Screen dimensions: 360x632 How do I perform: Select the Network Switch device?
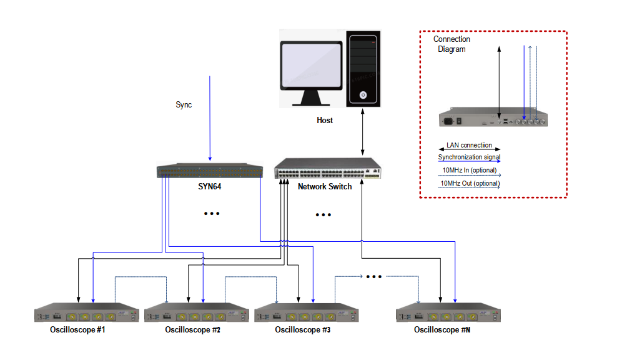(x=328, y=169)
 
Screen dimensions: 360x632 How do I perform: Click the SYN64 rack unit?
(x=209, y=171)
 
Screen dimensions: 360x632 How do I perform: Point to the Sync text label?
(x=184, y=105)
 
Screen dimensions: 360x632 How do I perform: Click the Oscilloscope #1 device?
(x=86, y=313)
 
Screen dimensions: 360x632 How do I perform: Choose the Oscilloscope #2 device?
(x=196, y=313)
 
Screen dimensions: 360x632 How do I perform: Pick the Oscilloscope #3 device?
(x=306, y=313)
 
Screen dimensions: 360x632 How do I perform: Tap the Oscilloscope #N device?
(x=448, y=313)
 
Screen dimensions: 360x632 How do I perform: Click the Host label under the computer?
(x=325, y=121)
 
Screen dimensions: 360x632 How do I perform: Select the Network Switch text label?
(x=325, y=187)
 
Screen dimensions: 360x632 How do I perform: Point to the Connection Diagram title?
(x=452, y=44)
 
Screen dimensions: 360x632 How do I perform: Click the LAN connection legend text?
(x=469, y=145)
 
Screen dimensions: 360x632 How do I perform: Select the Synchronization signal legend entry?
(x=469, y=157)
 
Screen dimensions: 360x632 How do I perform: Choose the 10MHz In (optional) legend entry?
(x=469, y=170)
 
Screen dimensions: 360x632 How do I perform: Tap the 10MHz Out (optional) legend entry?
(x=469, y=183)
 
